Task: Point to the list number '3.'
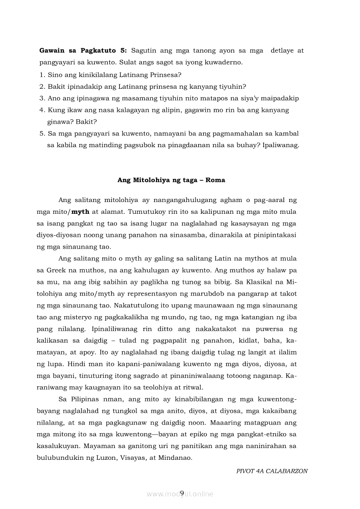click(42, 98)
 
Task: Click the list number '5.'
click(42, 133)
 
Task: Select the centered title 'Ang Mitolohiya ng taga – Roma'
click(171, 180)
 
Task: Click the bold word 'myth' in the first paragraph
click(80, 212)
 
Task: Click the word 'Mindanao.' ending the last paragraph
click(177, 457)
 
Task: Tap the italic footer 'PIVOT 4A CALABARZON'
click(272, 471)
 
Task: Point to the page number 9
click(182, 492)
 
